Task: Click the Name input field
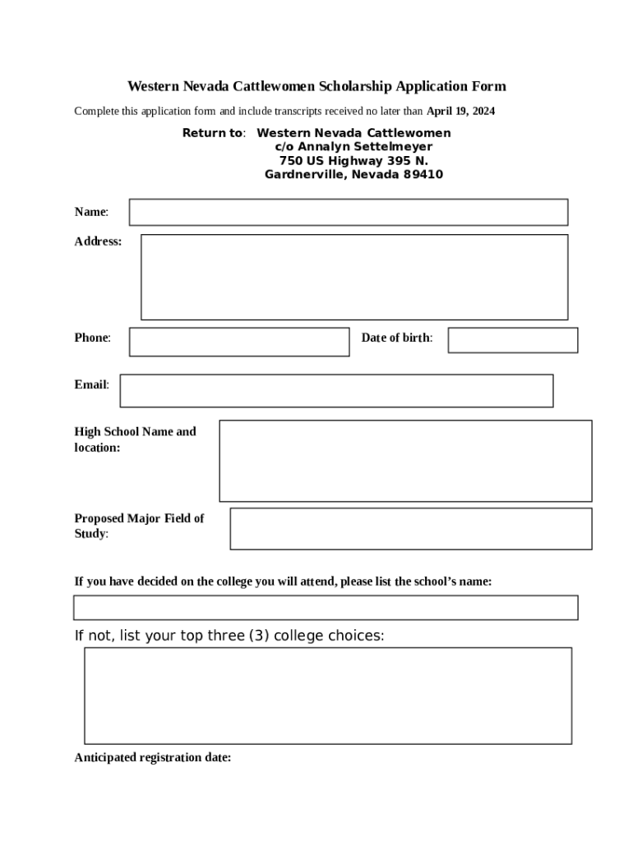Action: click(x=348, y=212)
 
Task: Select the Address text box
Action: click(x=353, y=277)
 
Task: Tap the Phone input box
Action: click(x=238, y=342)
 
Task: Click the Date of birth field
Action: click(x=512, y=340)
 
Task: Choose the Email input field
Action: click(x=336, y=391)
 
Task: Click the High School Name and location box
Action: click(x=404, y=461)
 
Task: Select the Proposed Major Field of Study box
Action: click(x=410, y=528)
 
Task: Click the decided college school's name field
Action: click(x=326, y=608)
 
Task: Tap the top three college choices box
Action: click(x=327, y=696)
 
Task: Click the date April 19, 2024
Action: click(x=460, y=111)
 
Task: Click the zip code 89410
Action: click(x=423, y=175)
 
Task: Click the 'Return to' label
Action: click(x=213, y=133)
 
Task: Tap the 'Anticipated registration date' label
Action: click(x=153, y=758)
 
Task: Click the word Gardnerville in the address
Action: click(x=303, y=175)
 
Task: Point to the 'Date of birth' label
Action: click(x=396, y=338)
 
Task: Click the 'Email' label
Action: click(x=91, y=384)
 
